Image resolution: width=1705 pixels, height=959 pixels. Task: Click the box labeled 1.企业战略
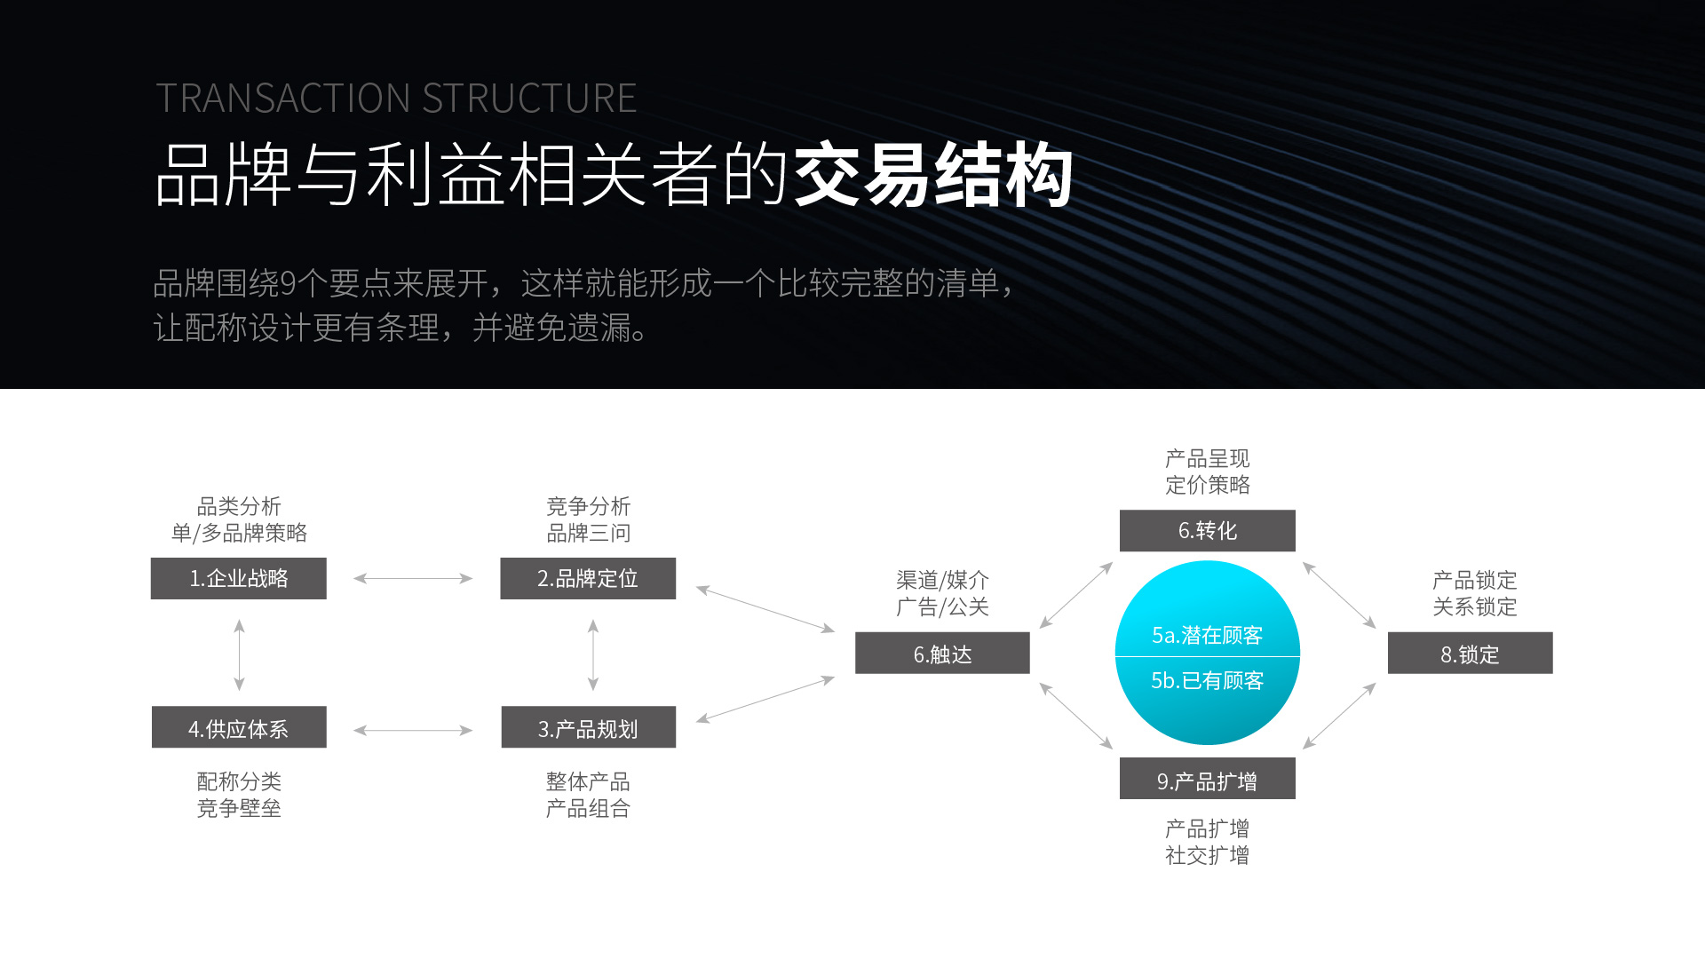[238, 578]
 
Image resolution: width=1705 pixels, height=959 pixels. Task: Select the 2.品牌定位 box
[587, 578]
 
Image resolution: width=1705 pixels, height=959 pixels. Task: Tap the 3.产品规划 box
[588, 727]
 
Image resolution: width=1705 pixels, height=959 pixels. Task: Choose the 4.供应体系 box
[238, 727]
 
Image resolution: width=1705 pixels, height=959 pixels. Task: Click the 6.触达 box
[942, 654]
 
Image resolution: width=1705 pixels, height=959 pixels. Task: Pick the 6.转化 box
[1207, 530]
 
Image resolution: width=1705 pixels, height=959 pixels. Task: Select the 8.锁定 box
[1470, 654]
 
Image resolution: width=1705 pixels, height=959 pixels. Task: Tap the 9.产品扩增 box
[1207, 779]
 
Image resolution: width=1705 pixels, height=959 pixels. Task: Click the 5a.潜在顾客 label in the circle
[1207, 635]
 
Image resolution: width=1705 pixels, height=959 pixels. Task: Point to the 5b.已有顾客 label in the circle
[1207, 680]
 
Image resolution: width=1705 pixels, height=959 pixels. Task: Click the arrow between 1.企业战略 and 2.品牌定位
[413, 578]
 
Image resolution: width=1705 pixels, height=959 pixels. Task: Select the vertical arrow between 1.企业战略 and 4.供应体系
[239, 654]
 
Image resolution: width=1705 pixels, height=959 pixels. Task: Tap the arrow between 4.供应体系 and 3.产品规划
[413, 731]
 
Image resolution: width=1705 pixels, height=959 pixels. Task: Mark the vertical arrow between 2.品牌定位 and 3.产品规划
[593, 654]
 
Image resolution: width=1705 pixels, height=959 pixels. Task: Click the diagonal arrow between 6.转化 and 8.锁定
[1339, 595]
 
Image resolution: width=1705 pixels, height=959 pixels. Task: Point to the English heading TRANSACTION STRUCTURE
[396, 99]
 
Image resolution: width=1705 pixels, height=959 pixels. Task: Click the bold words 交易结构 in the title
[932, 175]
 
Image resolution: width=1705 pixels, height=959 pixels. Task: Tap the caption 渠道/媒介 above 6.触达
[942, 580]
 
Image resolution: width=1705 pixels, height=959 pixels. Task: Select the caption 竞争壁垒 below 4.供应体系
[239, 808]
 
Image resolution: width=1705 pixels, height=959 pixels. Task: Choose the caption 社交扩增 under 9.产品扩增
[1207, 855]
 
